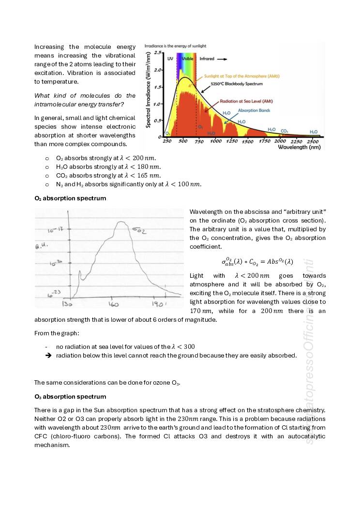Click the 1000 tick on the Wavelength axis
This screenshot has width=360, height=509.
pos(215,141)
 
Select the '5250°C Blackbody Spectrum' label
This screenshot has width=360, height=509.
pos(240,84)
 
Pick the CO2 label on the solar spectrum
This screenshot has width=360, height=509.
pos(285,131)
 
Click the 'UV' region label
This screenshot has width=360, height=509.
pos(170,59)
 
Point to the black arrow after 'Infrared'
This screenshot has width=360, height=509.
pos(222,59)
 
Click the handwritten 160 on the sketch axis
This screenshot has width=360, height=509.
pos(113,304)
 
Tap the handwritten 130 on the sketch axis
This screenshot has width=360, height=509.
pos(67,304)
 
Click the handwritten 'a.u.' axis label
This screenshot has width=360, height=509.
pos(40,247)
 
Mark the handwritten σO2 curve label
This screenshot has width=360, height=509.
pos(139,230)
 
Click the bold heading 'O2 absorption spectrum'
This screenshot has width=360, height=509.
pos(70,198)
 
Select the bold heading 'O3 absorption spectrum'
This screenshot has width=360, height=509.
pos(70,397)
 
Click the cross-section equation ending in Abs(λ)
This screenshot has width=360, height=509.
pos(257,262)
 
